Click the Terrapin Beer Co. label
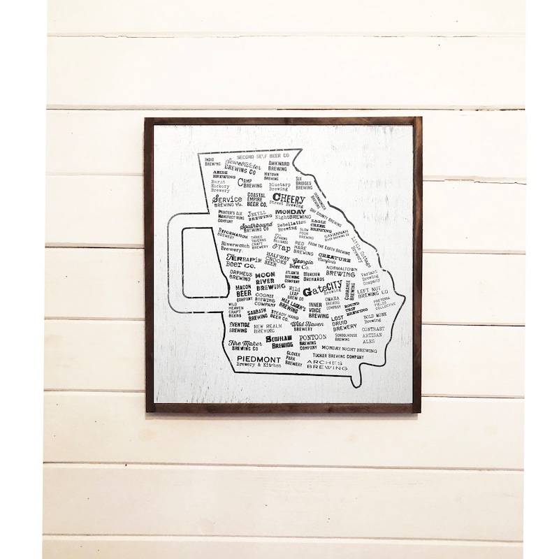coord(242,262)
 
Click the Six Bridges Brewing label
coord(303,183)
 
